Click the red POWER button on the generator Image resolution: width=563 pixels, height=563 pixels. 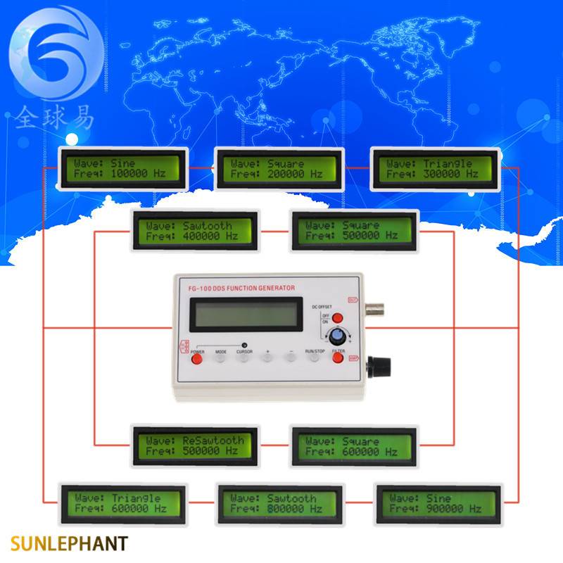(x=197, y=360)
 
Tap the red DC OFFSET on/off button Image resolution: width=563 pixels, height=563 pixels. (x=337, y=317)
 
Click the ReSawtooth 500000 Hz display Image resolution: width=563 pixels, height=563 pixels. (x=196, y=445)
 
